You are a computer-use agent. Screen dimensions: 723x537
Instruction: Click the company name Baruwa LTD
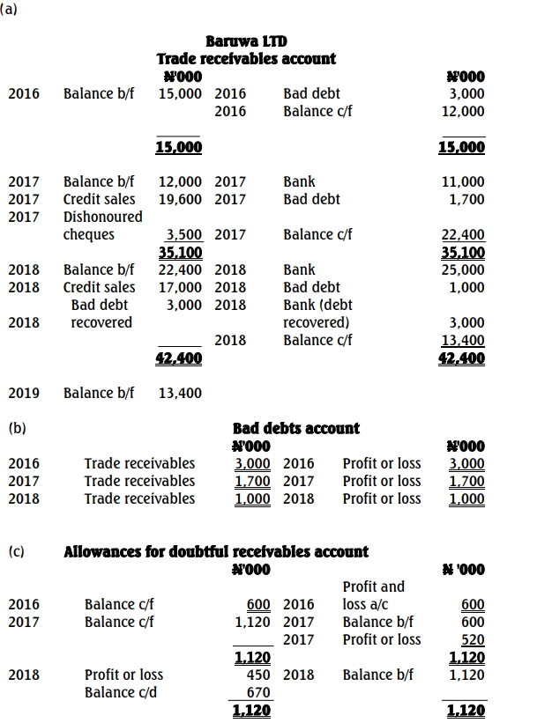pos(246,41)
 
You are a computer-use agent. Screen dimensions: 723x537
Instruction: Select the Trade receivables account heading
pos(246,59)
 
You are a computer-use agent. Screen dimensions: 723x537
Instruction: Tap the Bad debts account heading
pos(295,428)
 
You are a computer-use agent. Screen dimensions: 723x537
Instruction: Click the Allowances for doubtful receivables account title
pos(216,552)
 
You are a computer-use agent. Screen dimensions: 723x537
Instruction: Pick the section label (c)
pos(16,552)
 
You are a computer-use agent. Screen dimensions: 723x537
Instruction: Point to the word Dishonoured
pos(102,217)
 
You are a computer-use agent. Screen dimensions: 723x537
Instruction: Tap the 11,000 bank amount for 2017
pos(466,181)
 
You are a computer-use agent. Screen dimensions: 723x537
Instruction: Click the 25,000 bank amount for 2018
pos(466,269)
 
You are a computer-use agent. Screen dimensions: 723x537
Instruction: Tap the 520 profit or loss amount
pos(473,639)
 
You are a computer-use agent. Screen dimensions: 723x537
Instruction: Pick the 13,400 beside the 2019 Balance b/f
pos(180,393)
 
